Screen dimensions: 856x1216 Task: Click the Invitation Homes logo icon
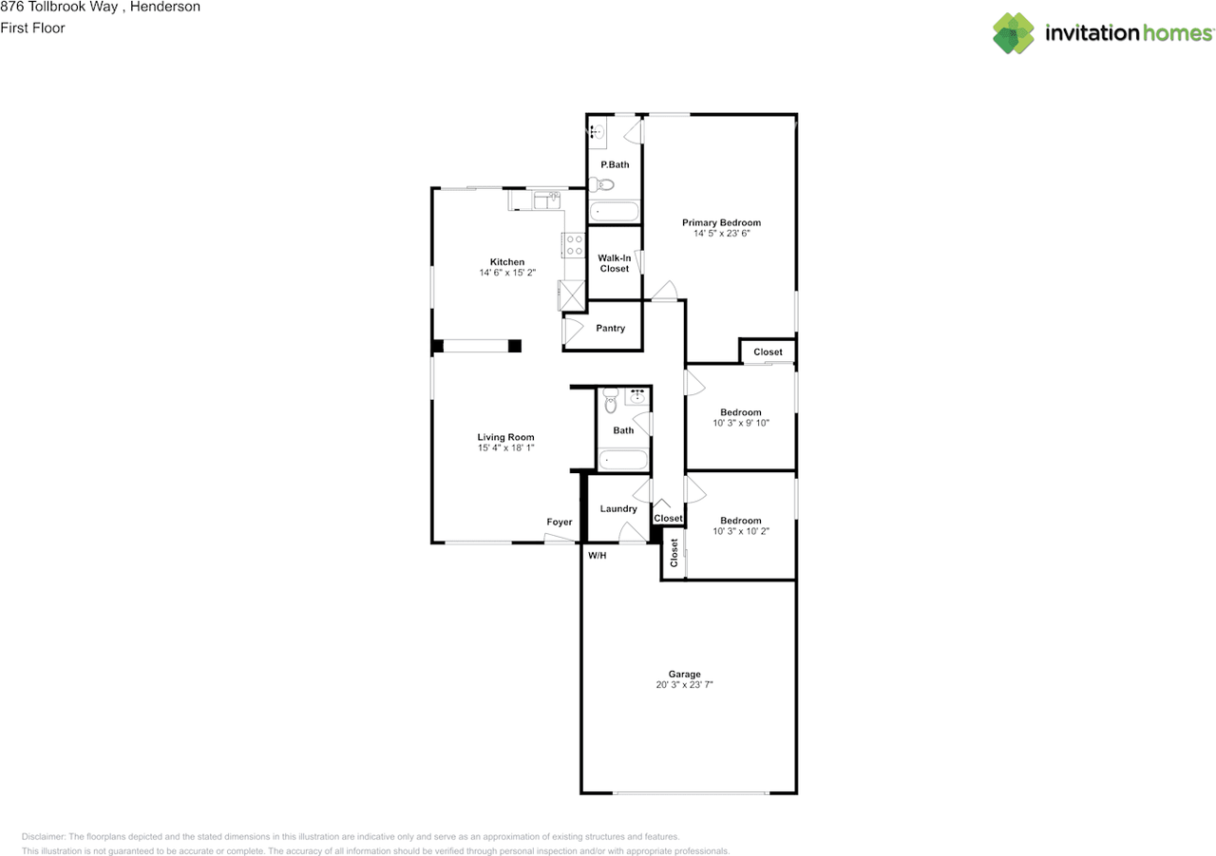(1014, 33)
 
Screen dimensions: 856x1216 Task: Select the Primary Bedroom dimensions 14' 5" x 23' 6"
(721, 234)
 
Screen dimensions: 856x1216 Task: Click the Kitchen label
(506, 262)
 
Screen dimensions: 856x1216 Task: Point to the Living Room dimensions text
(506, 448)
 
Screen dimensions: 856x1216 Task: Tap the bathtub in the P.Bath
(614, 212)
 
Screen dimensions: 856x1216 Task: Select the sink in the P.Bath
(598, 132)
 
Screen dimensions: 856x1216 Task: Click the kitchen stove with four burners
(574, 245)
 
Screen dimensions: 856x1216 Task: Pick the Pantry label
(610, 329)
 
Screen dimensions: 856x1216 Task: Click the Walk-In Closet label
(615, 263)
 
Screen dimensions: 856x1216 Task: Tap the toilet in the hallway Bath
(611, 405)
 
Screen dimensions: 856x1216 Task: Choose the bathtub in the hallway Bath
(622, 461)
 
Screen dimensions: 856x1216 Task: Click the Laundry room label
(618, 509)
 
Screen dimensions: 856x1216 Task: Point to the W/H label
(597, 555)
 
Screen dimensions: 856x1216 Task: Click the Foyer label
(560, 523)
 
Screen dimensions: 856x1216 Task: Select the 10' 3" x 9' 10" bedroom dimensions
(740, 424)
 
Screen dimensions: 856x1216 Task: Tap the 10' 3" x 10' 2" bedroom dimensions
(740, 532)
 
